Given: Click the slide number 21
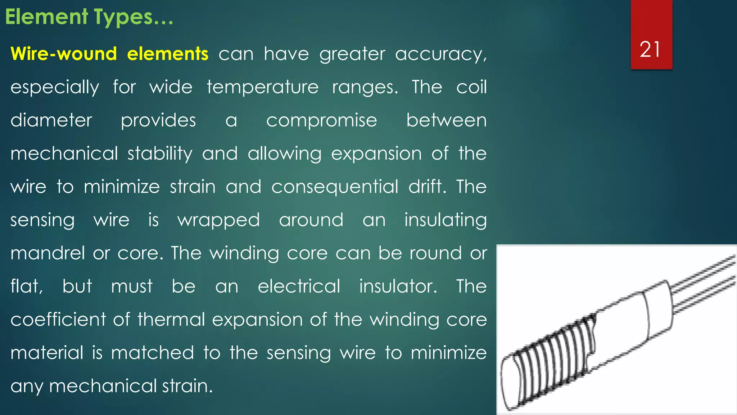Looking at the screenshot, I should pyautogui.click(x=650, y=49).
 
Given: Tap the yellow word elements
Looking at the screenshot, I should pyautogui.click(x=168, y=54).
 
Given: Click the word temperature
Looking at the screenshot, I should pyautogui.click(x=262, y=87).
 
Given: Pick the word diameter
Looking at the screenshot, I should pyautogui.click(x=51, y=120).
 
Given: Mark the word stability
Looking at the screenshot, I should pyautogui.click(x=160, y=154).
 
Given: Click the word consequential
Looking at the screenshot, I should pyautogui.click(x=335, y=187).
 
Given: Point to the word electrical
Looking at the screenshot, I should pyautogui.click(x=299, y=286).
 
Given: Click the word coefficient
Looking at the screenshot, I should pyautogui.click(x=58, y=319).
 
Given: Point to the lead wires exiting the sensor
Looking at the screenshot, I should pyautogui.click(x=702, y=285).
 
